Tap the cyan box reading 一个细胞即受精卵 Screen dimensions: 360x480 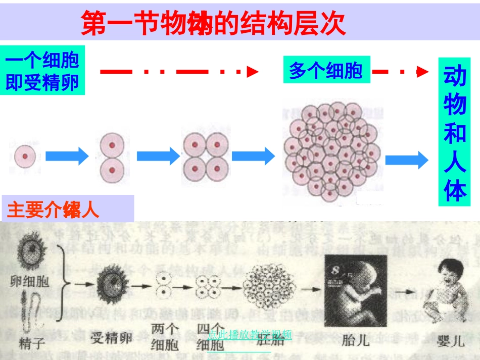tap(42, 70)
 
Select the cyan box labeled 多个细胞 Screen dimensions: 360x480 tap(326, 70)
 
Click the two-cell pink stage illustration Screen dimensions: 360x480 tap(112, 158)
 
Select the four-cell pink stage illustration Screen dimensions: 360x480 tap(206, 158)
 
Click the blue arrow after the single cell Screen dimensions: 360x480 tap(67, 156)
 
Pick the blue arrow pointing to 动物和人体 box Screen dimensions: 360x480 tap(407, 160)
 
